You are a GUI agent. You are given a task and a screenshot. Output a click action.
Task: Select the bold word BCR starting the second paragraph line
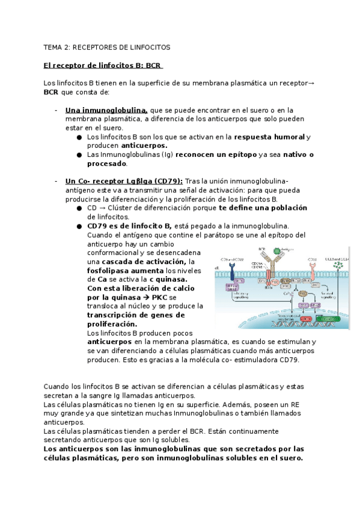point(51,93)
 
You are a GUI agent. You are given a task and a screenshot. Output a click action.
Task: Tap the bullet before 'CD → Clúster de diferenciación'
point(79,209)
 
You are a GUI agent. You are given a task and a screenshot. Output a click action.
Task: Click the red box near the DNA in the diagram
point(307,319)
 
